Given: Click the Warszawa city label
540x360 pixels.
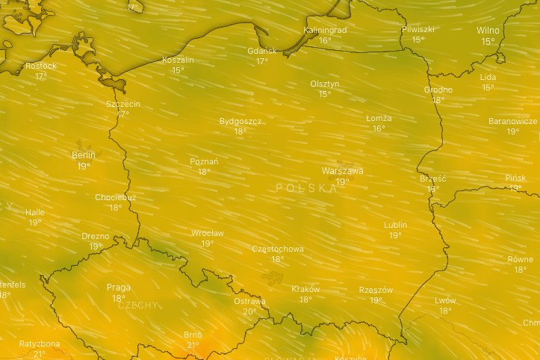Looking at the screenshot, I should tap(342, 171).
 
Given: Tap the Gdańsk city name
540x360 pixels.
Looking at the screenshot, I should tap(261, 51).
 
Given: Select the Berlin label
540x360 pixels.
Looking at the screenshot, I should tap(83, 155).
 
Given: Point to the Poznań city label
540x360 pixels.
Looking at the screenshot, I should tap(204, 161).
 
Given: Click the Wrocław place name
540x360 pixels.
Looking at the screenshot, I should tap(207, 233).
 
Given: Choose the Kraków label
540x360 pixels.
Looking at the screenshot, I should tap(305, 289).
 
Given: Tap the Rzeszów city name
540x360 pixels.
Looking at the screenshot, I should tap(376, 290).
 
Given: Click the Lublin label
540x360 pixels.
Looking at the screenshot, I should tap(395, 225).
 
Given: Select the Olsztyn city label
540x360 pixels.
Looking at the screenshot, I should tap(325, 84).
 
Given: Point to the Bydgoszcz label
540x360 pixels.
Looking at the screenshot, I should tap(240, 121).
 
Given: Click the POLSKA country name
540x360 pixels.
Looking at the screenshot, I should tap(307, 188).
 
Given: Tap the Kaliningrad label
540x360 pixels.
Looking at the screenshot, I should tap(326, 30).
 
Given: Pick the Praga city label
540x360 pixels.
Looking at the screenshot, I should tap(118, 287).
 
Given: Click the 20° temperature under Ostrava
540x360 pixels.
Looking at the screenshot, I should tap(249, 311).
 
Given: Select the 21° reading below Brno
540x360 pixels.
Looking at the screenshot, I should tap(193, 345).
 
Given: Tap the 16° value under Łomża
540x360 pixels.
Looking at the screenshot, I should tap(379, 128).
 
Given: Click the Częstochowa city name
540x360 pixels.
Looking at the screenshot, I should tap(277, 249).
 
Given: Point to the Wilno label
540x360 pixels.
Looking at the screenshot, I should tap(488, 31).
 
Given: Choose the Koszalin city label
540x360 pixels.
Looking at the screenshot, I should tap(178, 60).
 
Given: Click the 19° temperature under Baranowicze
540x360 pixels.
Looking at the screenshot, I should tap(512, 131).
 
